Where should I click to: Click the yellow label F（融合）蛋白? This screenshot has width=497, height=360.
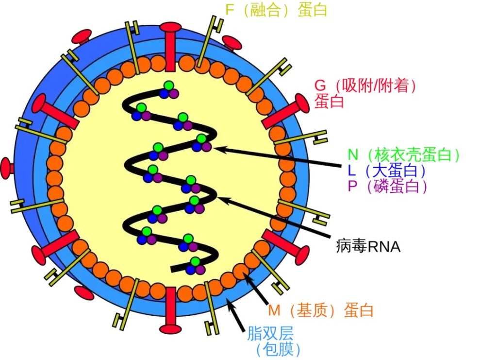(x=276, y=10)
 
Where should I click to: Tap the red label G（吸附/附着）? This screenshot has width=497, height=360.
(x=365, y=86)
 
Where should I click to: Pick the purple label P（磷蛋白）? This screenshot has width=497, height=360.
(x=388, y=186)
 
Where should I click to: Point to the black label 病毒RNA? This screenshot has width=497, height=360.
(x=368, y=247)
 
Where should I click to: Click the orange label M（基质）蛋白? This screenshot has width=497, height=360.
(x=320, y=310)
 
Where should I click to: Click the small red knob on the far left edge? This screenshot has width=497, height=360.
(x=7, y=168)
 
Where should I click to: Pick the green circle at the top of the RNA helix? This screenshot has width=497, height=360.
(x=168, y=86)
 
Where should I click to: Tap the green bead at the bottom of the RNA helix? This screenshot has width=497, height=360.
(x=195, y=261)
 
